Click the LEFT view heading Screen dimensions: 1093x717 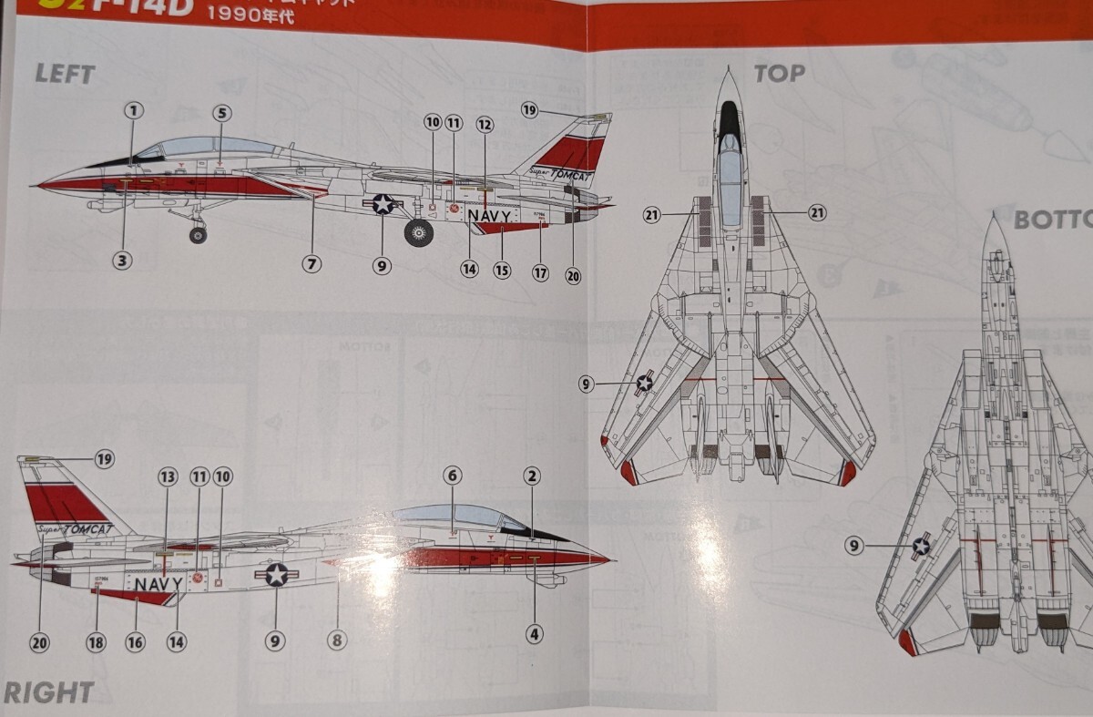(x=65, y=74)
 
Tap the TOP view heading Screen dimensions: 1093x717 (x=780, y=73)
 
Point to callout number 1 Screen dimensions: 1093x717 (x=134, y=111)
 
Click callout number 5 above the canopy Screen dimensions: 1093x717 (x=222, y=113)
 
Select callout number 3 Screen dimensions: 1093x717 (x=122, y=261)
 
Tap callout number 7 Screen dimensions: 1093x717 (x=312, y=264)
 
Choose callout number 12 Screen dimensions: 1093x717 (x=484, y=124)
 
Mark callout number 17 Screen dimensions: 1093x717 (x=541, y=271)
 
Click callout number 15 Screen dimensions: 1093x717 (x=502, y=270)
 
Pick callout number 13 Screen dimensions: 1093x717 (x=167, y=476)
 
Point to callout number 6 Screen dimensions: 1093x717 (x=453, y=475)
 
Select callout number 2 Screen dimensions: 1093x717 (x=533, y=475)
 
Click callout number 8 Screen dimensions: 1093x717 (x=337, y=640)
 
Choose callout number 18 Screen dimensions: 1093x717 (x=97, y=641)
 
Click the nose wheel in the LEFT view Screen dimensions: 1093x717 (x=198, y=235)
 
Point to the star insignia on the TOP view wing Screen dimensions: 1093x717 (x=645, y=383)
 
